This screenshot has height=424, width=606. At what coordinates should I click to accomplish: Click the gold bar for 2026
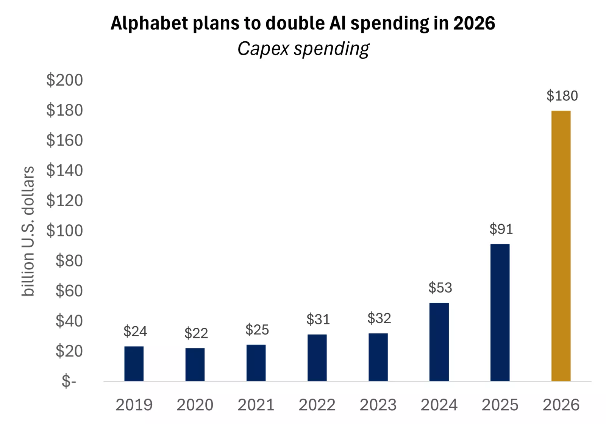click(561, 246)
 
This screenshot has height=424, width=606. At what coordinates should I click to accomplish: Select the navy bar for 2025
click(500, 313)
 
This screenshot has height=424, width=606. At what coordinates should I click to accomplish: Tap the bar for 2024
click(439, 342)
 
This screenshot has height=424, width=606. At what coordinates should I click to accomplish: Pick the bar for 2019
click(134, 364)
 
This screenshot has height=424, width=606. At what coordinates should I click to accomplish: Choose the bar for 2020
click(195, 365)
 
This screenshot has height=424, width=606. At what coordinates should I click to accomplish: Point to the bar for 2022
click(317, 358)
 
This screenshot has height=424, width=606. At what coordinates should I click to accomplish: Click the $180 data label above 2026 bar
click(562, 96)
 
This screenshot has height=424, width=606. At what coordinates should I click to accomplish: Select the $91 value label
click(501, 229)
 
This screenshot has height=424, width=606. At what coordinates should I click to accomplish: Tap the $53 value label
click(440, 288)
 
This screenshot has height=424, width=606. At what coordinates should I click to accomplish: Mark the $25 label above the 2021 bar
click(257, 330)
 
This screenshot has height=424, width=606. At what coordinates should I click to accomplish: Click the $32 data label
click(379, 318)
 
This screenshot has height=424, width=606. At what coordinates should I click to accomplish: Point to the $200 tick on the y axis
click(64, 80)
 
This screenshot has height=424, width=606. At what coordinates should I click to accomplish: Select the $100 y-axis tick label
click(64, 231)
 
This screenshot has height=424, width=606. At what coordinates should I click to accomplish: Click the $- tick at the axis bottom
click(69, 381)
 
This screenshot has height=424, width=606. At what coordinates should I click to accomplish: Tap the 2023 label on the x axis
click(378, 405)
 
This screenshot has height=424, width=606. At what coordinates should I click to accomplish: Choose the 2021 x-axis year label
click(256, 405)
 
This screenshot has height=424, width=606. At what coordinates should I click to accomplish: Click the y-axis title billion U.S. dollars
click(28, 231)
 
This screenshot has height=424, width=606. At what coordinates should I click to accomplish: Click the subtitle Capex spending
click(303, 49)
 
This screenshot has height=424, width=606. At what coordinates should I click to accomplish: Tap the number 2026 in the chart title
click(474, 23)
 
